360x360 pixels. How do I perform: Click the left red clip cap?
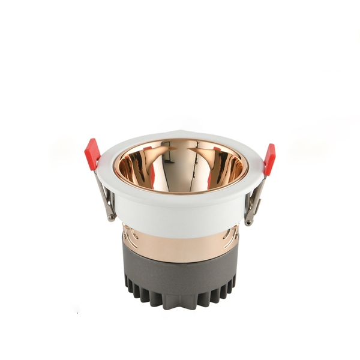[92, 154]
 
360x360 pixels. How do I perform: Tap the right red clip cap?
[269, 159]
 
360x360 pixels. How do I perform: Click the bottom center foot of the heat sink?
[181, 303]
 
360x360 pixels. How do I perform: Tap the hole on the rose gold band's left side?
[127, 236]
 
